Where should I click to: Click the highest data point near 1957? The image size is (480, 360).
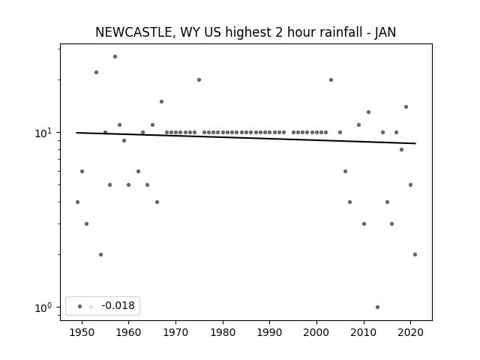115,57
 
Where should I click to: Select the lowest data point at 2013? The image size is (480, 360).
377,307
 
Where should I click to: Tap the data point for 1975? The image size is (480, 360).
199,80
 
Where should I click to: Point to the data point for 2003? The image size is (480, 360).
331,80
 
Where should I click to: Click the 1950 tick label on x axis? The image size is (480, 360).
82,332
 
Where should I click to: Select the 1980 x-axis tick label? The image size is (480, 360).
223,332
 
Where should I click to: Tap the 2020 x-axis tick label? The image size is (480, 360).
410,332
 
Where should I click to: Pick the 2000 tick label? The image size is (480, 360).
316,332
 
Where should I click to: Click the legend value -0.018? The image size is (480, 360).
118,305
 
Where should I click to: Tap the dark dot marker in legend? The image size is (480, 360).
80,307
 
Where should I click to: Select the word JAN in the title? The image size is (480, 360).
385,32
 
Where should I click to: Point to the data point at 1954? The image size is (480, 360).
100,255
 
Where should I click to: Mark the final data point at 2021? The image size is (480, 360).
415,255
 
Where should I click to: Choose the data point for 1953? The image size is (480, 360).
97,73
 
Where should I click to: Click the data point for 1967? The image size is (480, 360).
162,102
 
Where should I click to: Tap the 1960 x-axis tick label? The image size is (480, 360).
128,332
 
